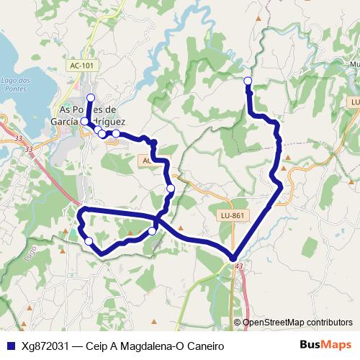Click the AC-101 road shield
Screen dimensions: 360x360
pos(81,66)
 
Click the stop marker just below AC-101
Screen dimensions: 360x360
pos(91,97)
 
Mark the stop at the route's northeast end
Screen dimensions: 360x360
pos(248,81)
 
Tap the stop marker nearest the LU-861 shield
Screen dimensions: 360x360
pos(171,189)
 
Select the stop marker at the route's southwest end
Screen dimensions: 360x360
pos(89,241)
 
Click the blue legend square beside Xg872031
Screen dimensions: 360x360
pos(11,346)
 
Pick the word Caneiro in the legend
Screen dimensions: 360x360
pos(204,346)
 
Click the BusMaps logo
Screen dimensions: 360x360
pos(325,345)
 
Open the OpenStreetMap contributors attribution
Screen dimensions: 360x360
pos(297,322)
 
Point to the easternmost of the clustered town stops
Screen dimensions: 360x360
pos(115,133)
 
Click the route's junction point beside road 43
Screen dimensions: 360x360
pos(233,258)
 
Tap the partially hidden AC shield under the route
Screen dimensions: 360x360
pos(146,161)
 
